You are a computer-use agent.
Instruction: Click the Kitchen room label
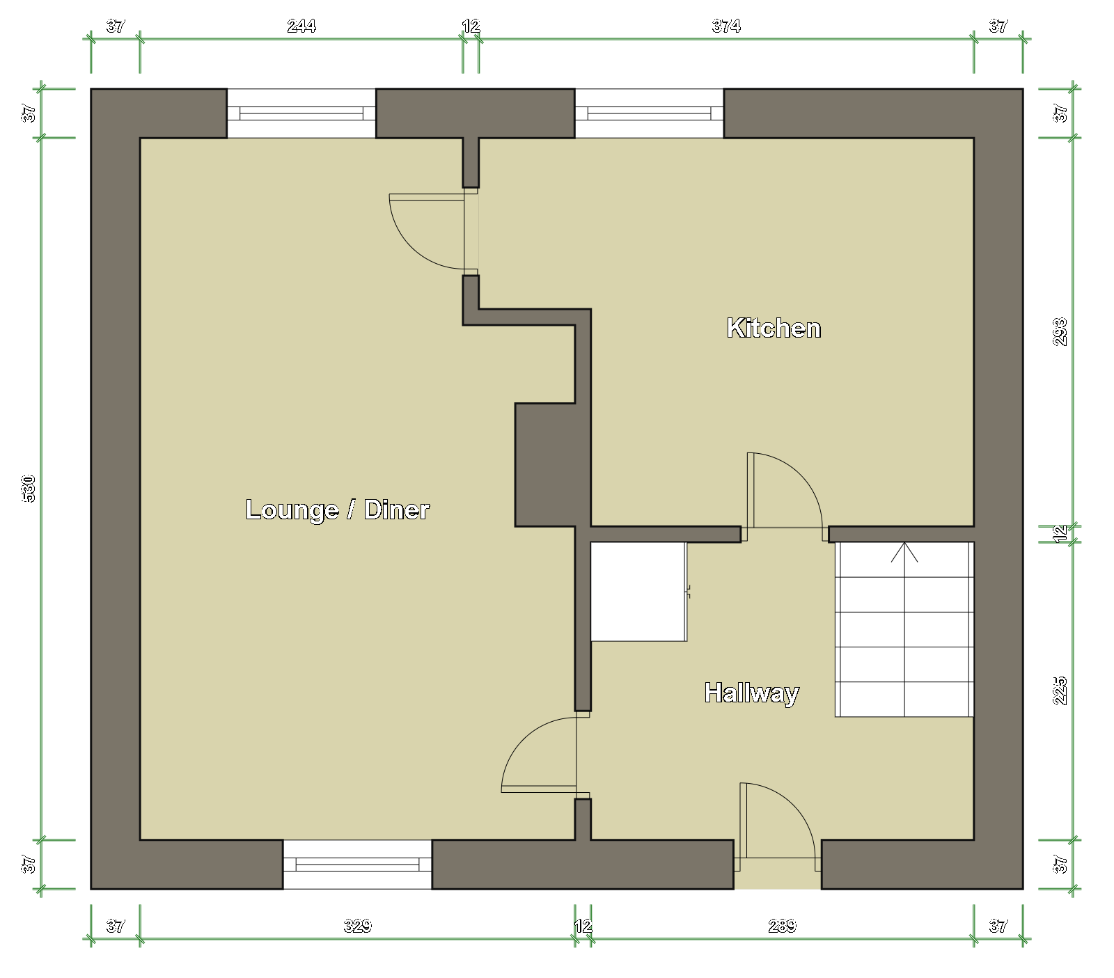click(774, 328)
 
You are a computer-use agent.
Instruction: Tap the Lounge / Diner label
click(338, 510)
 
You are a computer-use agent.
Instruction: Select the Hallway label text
click(752, 693)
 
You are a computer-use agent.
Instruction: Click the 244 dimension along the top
click(301, 26)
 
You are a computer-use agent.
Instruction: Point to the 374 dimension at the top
click(726, 26)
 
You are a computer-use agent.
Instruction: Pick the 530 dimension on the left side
click(29, 488)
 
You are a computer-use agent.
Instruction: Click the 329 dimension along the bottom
click(358, 926)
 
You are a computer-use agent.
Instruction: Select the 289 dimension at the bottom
click(783, 926)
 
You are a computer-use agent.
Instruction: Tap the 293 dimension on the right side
click(1060, 332)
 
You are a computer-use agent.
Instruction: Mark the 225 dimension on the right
click(1060, 691)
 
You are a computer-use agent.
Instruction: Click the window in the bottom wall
click(357, 865)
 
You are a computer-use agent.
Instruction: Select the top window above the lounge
click(301, 113)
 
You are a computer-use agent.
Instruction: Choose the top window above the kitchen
click(649, 113)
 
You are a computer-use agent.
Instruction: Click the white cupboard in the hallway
click(638, 592)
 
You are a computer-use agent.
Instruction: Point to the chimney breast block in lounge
click(545, 464)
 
